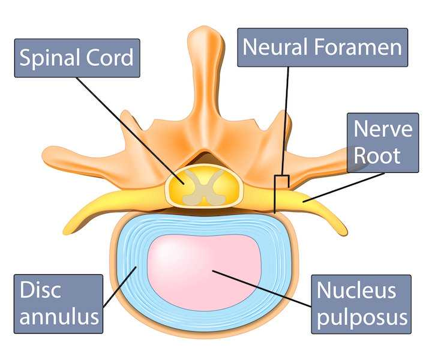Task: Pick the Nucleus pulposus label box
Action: click(x=362, y=304)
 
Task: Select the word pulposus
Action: click(x=362, y=316)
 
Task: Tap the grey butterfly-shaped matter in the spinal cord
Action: click(x=204, y=185)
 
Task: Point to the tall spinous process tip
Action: click(x=203, y=36)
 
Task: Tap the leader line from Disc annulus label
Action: click(x=120, y=288)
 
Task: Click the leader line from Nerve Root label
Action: click(x=342, y=187)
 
